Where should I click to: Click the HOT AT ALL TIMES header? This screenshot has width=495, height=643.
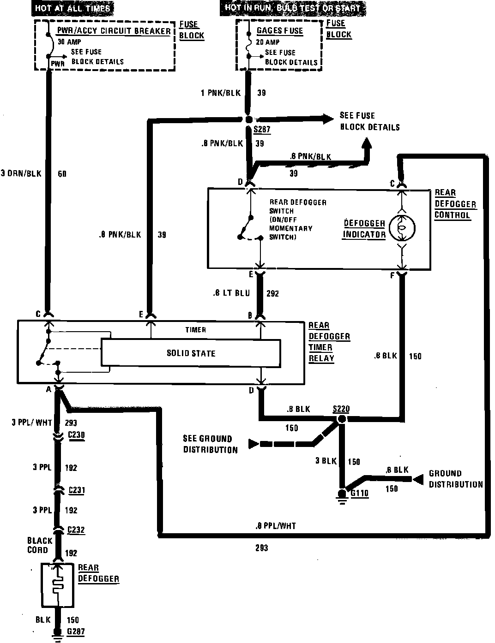pyautogui.click(x=72, y=8)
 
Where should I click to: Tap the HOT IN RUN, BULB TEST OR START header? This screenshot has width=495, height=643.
pyautogui.click(x=293, y=8)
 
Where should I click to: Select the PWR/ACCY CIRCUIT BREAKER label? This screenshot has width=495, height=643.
pyautogui.click(x=114, y=31)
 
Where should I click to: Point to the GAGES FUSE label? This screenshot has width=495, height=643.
pyautogui.click(x=280, y=31)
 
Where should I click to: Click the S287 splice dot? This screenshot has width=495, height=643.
pyautogui.click(x=249, y=119)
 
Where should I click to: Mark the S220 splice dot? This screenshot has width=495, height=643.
pyautogui.click(x=342, y=419)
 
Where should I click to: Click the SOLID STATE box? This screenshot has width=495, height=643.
pyautogui.click(x=191, y=353)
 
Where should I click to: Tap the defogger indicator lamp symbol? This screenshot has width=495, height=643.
pyautogui.click(x=402, y=228)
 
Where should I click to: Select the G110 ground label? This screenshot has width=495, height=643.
pyautogui.click(x=360, y=493)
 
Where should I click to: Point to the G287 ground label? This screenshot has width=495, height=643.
pyautogui.click(x=75, y=631)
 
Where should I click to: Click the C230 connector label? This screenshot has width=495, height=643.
pyautogui.click(x=76, y=434)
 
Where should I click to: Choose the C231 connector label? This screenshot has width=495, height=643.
pyautogui.click(x=76, y=490)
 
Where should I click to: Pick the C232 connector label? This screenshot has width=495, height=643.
pyautogui.click(x=76, y=530)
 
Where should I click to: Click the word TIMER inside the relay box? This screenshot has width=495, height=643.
pyautogui.click(x=195, y=330)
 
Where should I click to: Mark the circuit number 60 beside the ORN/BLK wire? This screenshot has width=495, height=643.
pyautogui.click(x=62, y=174)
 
